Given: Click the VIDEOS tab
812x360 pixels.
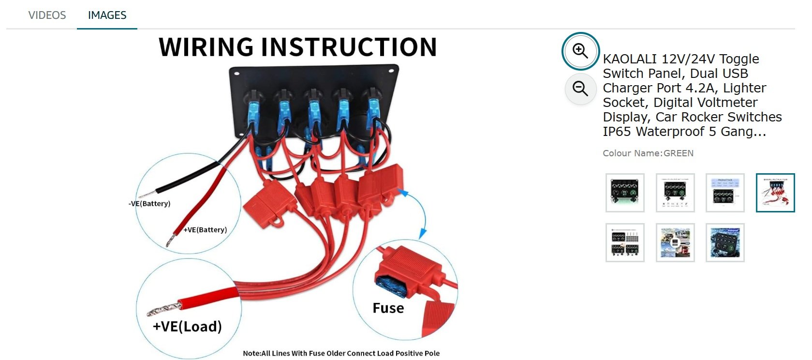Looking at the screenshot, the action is pos(47,15).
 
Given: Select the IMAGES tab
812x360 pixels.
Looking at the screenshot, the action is pos(107,15).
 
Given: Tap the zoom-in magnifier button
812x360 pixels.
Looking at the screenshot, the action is pos(580,51).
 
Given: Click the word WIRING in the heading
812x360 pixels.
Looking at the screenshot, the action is pos(206,47).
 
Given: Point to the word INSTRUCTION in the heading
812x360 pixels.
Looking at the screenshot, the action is pos(349,47).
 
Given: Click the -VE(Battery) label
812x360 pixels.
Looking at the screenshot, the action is pos(149,203).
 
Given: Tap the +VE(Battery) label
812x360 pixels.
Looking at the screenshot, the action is pos(205,229).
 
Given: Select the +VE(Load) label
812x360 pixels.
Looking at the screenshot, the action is pos(187,326).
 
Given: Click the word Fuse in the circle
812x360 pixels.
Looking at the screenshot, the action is pos(388,308).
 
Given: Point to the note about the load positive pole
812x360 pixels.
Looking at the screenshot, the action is pos(341,353).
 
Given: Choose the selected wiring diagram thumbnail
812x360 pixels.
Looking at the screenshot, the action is pos(775,193).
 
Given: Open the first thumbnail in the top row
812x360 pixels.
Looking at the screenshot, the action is pos(625,193).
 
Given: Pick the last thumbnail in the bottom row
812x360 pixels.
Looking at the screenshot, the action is pos(725,242).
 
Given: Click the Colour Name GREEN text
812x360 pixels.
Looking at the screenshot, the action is pos(648,153).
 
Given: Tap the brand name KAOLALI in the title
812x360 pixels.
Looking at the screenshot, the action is pos(630,59).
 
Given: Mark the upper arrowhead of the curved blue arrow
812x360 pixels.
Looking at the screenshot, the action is pos(403,193).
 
